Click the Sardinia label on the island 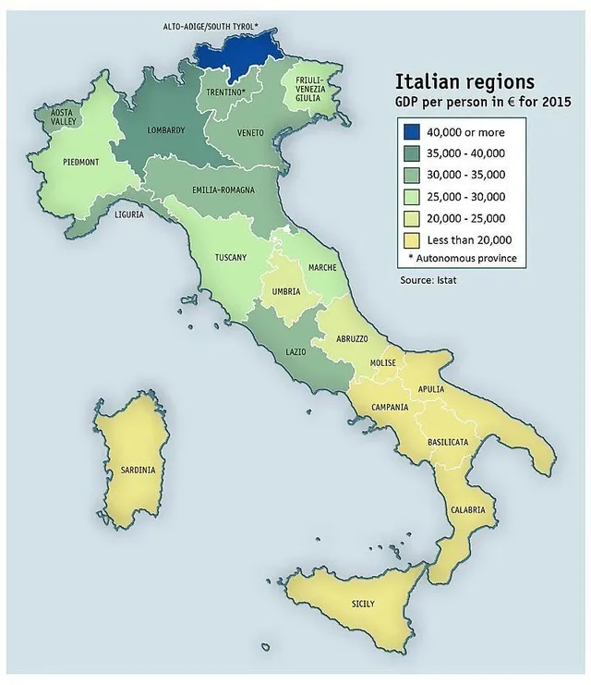click(138, 470)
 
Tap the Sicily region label click(363, 604)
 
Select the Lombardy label click(167, 129)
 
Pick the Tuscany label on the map click(230, 257)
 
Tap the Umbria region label click(286, 291)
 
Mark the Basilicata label click(448, 443)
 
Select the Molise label click(381, 363)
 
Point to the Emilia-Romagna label click(223, 190)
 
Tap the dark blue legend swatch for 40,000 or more click(410, 132)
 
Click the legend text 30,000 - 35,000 click(467, 174)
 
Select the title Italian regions click(464, 81)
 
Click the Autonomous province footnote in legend click(462, 257)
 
